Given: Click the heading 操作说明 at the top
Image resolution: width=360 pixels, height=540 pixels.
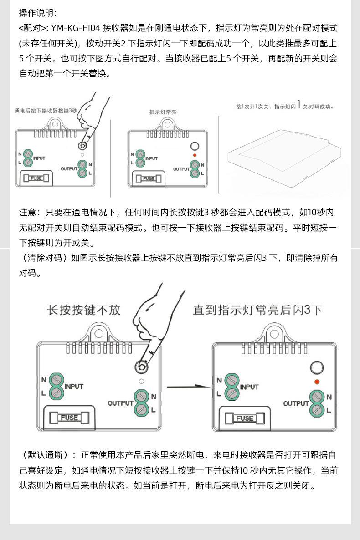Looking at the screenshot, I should [x=37, y=13].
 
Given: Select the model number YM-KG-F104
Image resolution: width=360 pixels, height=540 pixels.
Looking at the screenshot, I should [x=76, y=28].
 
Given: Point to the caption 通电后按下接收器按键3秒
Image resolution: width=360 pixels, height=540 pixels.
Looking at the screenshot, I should [x=46, y=111].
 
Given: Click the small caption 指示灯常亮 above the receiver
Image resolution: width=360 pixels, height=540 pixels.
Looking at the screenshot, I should [x=163, y=112].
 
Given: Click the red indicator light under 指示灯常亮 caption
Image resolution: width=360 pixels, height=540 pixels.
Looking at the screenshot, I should [x=195, y=156].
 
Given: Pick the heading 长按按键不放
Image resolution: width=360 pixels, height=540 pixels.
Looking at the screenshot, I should [x=84, y=310].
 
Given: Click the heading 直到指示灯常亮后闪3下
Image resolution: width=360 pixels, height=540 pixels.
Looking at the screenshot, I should [x=257, y=311].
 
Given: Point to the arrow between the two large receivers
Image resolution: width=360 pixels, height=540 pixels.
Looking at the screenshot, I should [x=187, y=387].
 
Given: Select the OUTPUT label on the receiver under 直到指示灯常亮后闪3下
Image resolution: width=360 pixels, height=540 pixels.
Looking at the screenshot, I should [x=296, y=403].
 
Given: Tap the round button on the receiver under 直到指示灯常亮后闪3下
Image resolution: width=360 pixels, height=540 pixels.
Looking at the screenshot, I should [x=317, y=367].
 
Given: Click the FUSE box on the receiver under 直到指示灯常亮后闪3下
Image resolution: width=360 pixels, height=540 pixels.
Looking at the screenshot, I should [x=245, y=418].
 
